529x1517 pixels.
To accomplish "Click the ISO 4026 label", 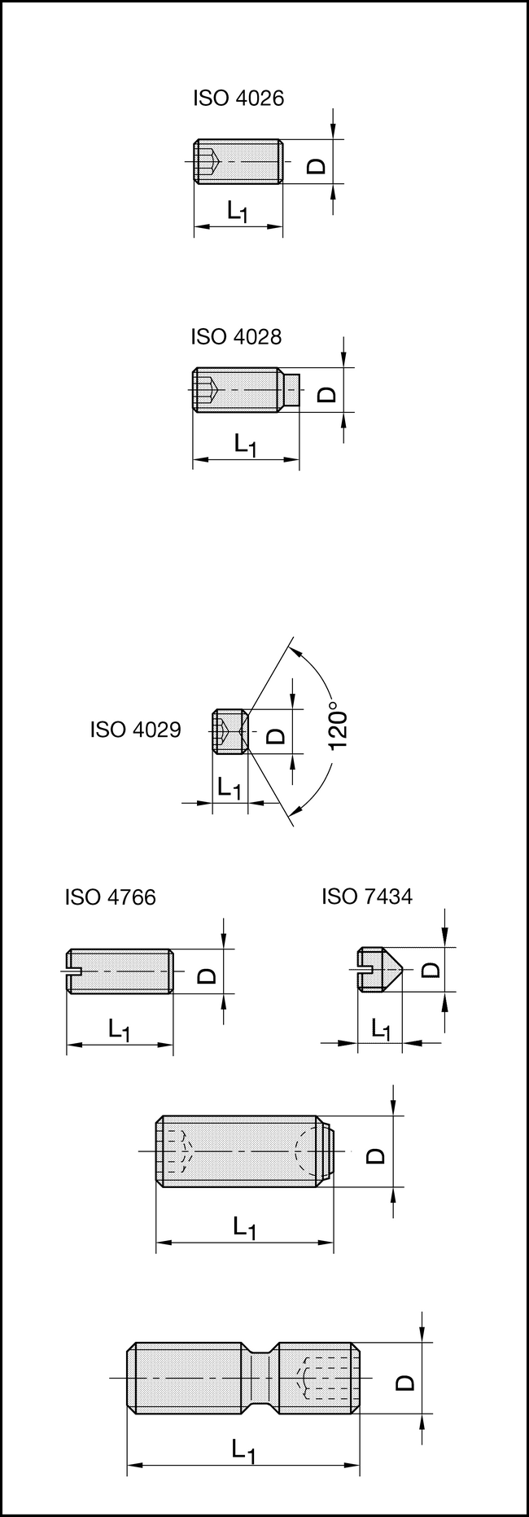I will pyautogui.click(x=238, y=99).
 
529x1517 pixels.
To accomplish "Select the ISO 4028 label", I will pyautogui.click(x=236, y=336).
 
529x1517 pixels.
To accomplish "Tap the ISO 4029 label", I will pyautogui.click(x=135, y=729).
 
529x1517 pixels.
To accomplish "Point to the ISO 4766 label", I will pyautogui.click(x=110, y=897).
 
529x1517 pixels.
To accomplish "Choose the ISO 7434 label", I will pyautogui.click(x=367, y=897).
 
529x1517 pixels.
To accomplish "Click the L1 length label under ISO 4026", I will pyautogui.click(x=238, y=213).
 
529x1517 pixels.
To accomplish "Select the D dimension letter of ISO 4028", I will pyautogui.click(x=326, y=394).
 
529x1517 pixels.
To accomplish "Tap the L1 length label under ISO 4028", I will pyautogui.click(x=245, y=445).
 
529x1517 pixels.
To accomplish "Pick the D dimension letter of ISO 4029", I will pyautogui.click(x=277, y=735).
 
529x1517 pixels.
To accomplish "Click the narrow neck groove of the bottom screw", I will pyautogui.click(x=260, y=1377).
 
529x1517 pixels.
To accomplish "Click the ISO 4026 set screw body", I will pyautogui.click(x=238, y=161).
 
